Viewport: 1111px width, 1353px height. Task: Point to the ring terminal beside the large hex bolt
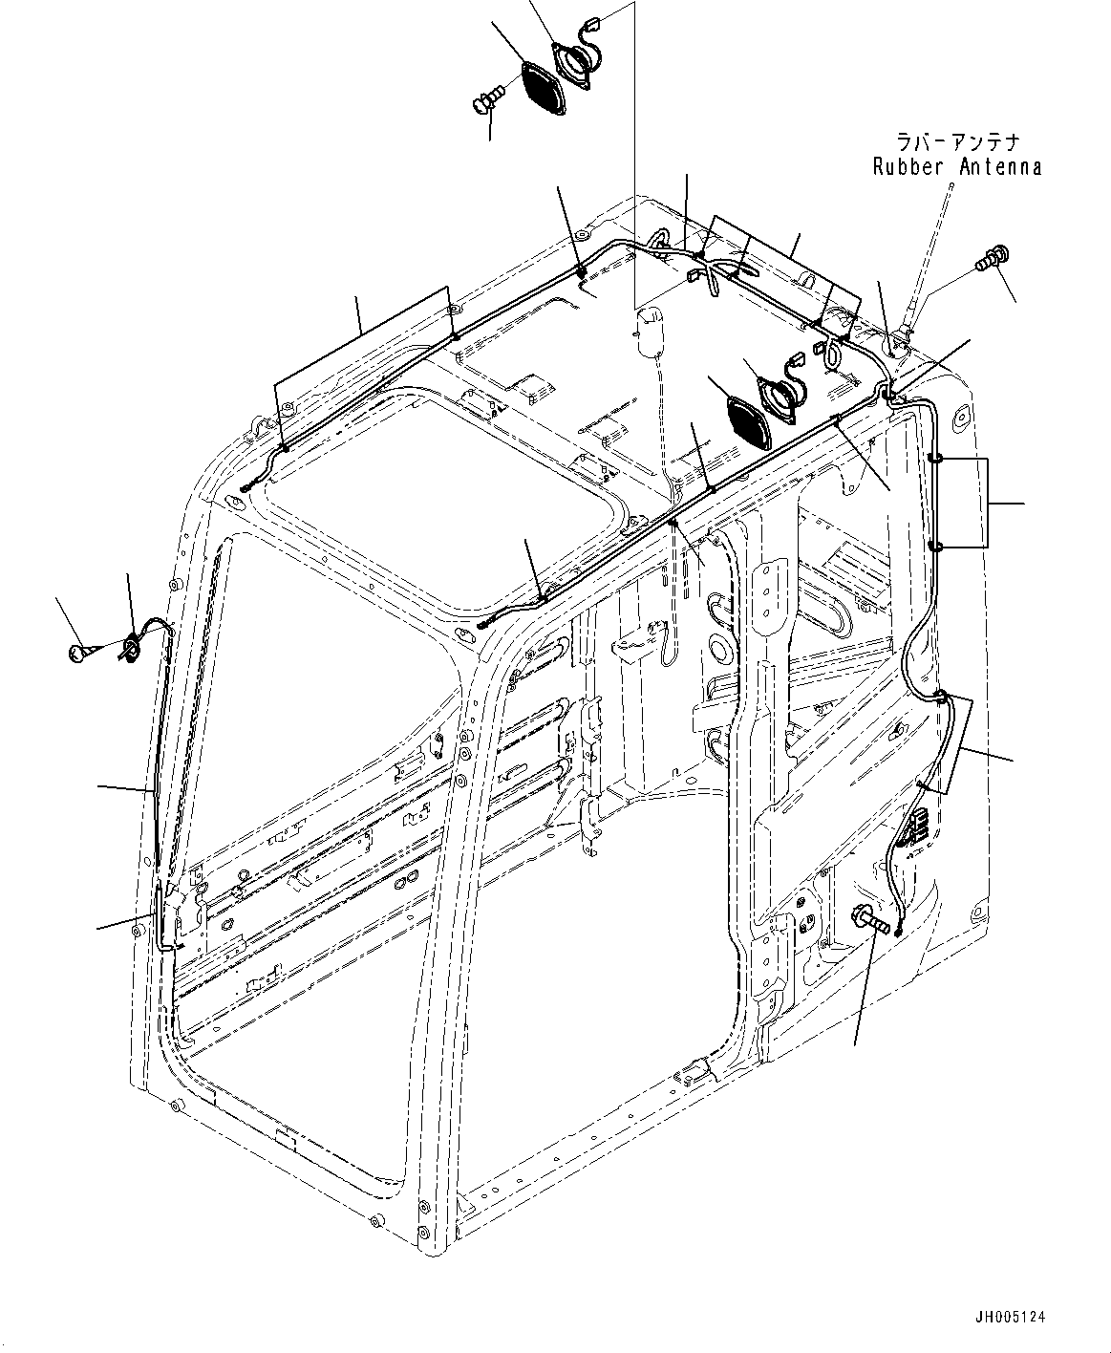[x=899, y=928]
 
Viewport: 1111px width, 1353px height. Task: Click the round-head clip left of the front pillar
[x=79, y=653]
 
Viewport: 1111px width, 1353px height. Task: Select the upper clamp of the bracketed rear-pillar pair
[x=935, y=459]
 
